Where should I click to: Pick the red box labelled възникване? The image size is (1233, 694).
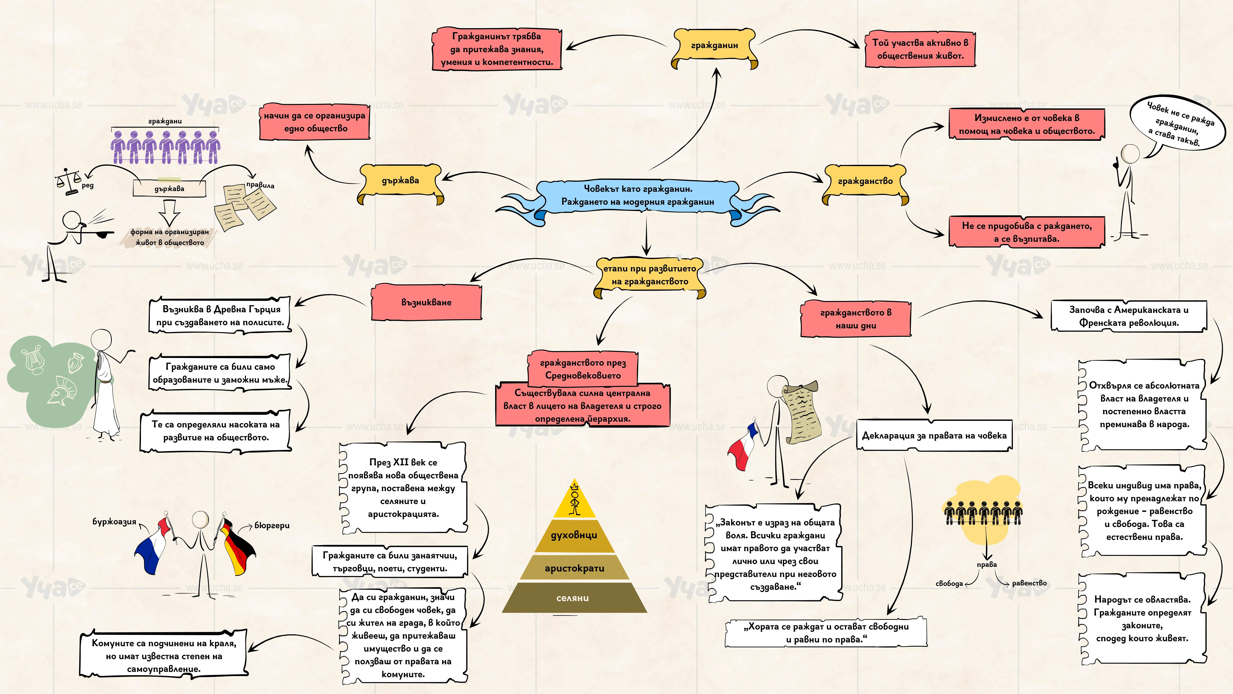click(427, 302)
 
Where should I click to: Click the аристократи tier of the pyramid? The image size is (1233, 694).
click(574, 568)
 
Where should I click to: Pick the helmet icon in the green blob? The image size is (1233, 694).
click(62, 390)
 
